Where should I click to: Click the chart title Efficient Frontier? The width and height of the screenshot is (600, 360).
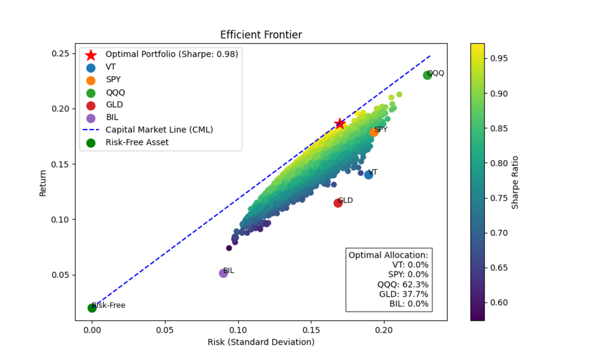pyautogui.click(x=261, y=35)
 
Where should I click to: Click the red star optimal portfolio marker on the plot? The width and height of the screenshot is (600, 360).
pyautogui.click(x=340, y=124)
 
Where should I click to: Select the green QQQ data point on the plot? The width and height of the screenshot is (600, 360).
pyautogui.click(x=427, y=75)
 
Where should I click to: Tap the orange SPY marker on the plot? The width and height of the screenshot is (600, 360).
pyautogui.click(x=374, y=132)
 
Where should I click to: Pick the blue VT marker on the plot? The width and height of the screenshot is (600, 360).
pyautogui.click(x=368, y=174)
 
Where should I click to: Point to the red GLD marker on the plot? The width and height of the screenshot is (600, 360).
pyautogui.click(x=338, y=203)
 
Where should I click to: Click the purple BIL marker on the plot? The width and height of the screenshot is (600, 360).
pyautogui.click(x=223, y=273)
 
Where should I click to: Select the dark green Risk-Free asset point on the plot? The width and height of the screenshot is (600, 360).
pyautogui.click(x=92, y=308)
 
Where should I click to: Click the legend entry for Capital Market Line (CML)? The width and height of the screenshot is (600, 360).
pyautogui.click(x=159, y=130)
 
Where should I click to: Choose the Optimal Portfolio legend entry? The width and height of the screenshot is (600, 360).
pyautogui.click(x=172, y=54)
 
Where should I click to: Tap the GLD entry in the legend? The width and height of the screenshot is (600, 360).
pyautogui.click(x=114, y=105)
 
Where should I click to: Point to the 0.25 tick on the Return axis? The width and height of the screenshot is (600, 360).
pyautogui.click(x=62, y=54)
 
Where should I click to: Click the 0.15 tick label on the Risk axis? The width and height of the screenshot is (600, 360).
pyautogui.click(x=311, y=330)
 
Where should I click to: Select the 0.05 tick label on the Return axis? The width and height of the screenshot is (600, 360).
pyautogui.click(x=62, y=275)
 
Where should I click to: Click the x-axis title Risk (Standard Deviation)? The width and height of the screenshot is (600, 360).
pyautogui.click(x=261, y=342)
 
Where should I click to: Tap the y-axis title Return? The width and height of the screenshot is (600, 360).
pyautogui.click(x=43, y=183)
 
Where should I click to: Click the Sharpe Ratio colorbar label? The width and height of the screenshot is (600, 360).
pyautogui.click(x=515, y=182)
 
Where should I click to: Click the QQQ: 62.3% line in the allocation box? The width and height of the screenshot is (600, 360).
pyautogui.click(x=402, y=284)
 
